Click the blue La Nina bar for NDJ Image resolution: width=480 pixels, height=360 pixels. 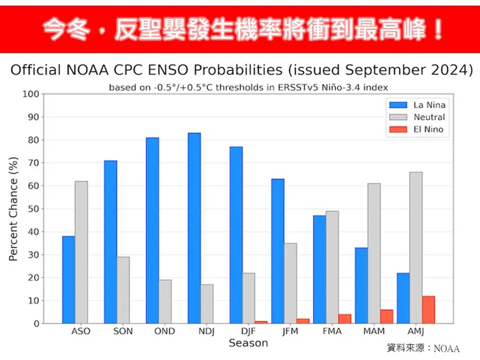click(194, 228)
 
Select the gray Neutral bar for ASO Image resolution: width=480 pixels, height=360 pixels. click(81, 252)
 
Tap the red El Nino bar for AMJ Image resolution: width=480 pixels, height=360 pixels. click(429, 309)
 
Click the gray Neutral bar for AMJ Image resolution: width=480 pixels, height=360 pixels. click(416, 247)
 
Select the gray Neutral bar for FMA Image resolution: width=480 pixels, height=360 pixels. click(332, 267)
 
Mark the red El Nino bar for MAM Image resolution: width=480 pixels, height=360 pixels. click(387, 317)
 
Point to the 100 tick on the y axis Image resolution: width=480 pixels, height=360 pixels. click(31, 95)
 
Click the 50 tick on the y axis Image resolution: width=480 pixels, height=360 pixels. click(33, 209)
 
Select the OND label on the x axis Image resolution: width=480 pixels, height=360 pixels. click(164, 331)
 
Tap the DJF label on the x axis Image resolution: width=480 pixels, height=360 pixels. click(248, 331)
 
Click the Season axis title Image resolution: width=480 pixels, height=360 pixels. click(248, 343)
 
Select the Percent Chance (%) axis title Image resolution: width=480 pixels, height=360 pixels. click(13, 209)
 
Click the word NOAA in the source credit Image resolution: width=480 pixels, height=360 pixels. click(447, 348)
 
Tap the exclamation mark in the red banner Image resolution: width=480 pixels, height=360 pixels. click(438, 29)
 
